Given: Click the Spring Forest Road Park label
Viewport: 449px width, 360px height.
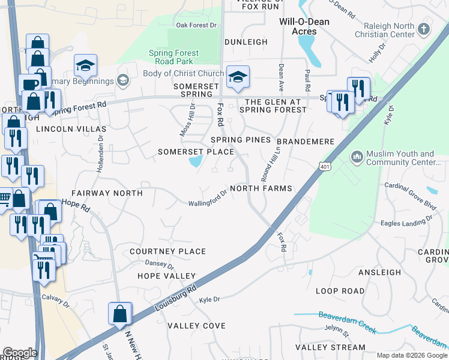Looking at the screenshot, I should (x=173, y=57).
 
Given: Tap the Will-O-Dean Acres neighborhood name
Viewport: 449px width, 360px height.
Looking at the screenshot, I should (x=303, y=26).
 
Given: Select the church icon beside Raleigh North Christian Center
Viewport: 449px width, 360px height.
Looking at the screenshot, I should (x=424, y=29).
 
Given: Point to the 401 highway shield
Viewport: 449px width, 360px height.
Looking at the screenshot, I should (x=325, y=167).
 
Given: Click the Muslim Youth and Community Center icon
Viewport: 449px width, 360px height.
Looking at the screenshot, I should (x=357, y=157).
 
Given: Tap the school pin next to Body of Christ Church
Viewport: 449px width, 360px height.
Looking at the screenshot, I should (x=238, y=76).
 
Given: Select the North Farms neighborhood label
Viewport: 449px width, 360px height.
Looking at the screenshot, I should (x=261, y=188).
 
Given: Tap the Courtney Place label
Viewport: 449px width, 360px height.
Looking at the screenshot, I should (x=168, y=251).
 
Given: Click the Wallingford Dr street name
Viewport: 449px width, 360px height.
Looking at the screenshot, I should (x=208, y=198).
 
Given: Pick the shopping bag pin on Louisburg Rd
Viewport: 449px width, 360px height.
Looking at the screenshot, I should (x=120, y=314).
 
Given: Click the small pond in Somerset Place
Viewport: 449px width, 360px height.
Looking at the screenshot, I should (x=196, y=161).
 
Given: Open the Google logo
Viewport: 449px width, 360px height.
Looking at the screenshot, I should (x=19, y=352).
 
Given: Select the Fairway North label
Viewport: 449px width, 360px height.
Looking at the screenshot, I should (x=107, y=193).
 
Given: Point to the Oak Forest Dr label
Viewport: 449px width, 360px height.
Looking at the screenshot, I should (x=196, y=25).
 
